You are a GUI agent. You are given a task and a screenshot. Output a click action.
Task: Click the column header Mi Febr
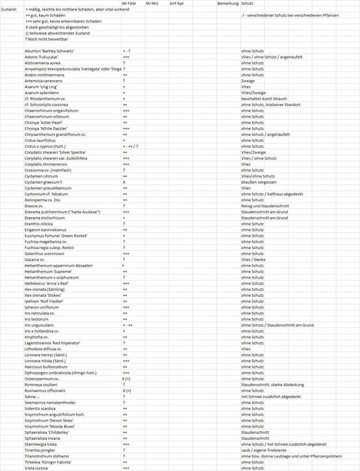coord(129,4)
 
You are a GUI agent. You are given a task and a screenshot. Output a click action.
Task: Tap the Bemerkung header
coord(228,4)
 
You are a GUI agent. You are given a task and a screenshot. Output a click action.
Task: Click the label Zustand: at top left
coord(9,9)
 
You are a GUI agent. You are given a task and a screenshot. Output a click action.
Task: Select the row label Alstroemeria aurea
coord(42,63)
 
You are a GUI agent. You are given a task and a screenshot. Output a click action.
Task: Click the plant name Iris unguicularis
coord(39,325)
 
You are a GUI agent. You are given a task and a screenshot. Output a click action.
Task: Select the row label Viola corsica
coord(36,467)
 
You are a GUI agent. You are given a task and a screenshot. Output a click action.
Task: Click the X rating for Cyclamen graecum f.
coord(124,182)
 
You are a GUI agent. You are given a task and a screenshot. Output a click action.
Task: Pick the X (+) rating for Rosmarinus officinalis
coord(127,390)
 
